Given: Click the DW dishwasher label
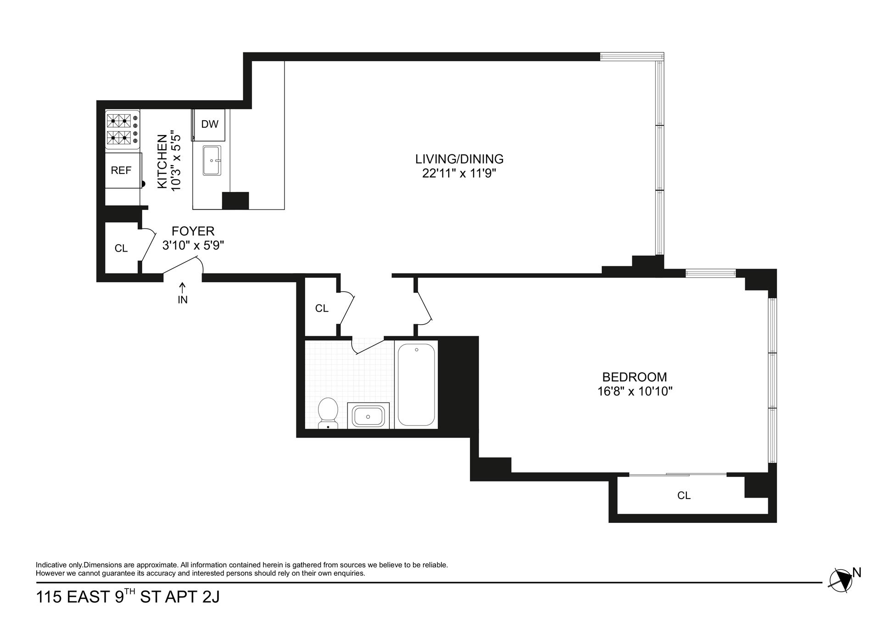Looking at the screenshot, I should pos(210,124).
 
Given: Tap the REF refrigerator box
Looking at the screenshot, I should pos(121,170).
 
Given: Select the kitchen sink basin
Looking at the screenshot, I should pos(212,161).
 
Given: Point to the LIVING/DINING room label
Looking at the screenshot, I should pos(459,159).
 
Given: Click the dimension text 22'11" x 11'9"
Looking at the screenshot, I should pos(459,174).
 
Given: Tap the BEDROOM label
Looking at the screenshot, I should pos(635,377).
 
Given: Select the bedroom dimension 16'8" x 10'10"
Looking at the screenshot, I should pos(635,392).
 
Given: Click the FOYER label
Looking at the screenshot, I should pos(193,231).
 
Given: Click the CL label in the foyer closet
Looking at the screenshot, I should pos(121,248).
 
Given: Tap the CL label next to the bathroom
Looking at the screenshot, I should pos(322,309).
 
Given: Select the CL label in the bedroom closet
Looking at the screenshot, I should pos(684,495).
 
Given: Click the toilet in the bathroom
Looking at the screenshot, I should pos(328,412).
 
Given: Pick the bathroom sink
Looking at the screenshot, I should pos(368,416).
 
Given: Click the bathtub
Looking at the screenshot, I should pos(416,385).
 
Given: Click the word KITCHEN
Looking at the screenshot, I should pos(162,161).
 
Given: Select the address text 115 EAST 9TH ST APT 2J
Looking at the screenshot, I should pos(128,597).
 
